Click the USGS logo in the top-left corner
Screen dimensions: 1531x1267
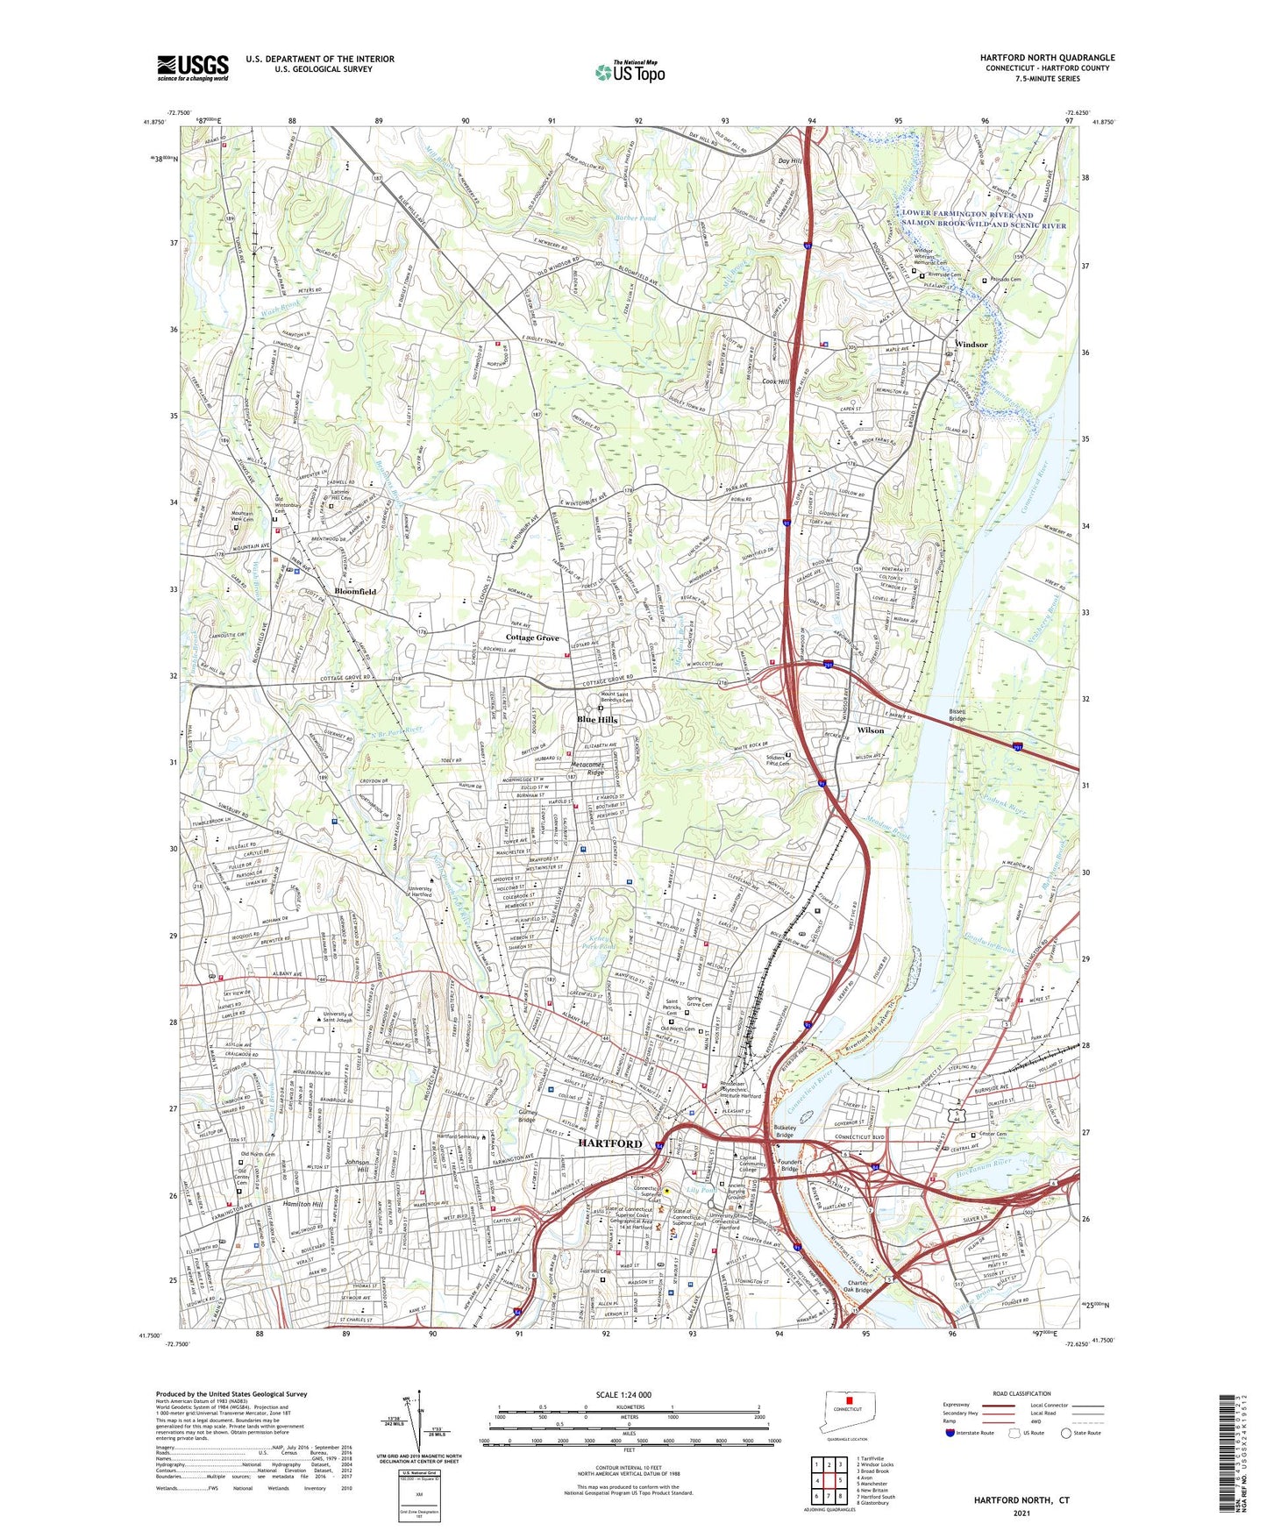click(x=193, y=67)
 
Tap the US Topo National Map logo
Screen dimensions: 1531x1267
click(x=630, y=72)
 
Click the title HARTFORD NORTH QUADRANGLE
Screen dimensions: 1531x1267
click(x=1047, y=58)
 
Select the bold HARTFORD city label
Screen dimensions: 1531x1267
click(x=609, y=1143)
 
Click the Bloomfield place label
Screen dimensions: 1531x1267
click(x=355, y=591)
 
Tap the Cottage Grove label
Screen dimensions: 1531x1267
click(x=532, y=637)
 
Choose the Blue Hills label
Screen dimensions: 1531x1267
click(x=597, y=719)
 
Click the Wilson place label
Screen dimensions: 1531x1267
click(x=870, y=730)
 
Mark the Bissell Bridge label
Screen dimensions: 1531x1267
click(x=957, y=715)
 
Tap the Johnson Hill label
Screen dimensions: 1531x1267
click(x=357, y=1166)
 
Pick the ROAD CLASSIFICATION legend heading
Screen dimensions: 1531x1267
click(x=1021, y=1393)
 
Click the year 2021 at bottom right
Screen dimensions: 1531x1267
click(x=1021, y=1513)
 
